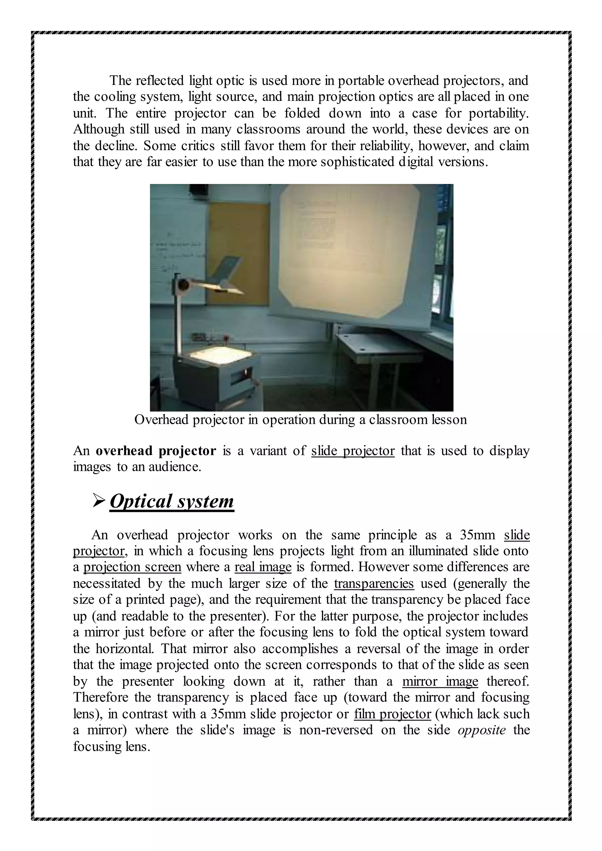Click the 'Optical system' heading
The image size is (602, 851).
[x=172, y=502]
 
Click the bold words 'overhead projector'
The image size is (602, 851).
[x=156, y=451]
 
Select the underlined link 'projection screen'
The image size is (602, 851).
[x=132, y=567]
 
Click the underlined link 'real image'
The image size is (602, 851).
[x=263, y=567]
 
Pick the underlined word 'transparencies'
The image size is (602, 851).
[x=374, y=583]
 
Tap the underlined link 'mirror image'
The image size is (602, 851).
[x=440, y=681]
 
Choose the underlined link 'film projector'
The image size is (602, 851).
[x=392, y=714]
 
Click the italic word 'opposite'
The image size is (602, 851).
[x=481, y=730]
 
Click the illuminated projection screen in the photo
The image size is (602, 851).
[x=348, y=252]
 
